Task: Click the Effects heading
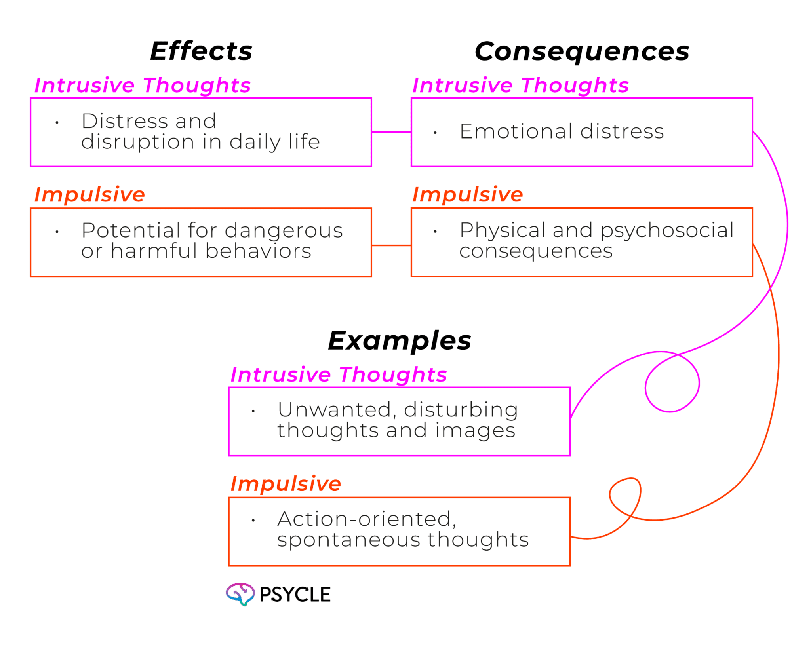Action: pos(201,51)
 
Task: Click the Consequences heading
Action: pos(582,52)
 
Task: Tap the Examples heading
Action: pos(400,341)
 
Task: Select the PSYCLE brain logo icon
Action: pos(240,594)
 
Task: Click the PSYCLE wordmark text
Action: pos(295,595)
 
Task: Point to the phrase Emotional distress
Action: pos(562,131)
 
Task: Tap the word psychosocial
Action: pos(667,230)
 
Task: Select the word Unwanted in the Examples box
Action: pos(334,410)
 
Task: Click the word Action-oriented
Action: pos(366,519)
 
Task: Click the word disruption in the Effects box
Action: pos(137,142)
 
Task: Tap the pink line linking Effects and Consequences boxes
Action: pos(391,132)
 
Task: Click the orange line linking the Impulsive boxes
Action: pos(391,246)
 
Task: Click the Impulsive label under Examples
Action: pos(286,484)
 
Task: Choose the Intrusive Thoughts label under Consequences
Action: pos(520,86)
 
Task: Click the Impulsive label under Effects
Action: pos(89,194)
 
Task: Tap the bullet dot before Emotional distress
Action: pos(435,133)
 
